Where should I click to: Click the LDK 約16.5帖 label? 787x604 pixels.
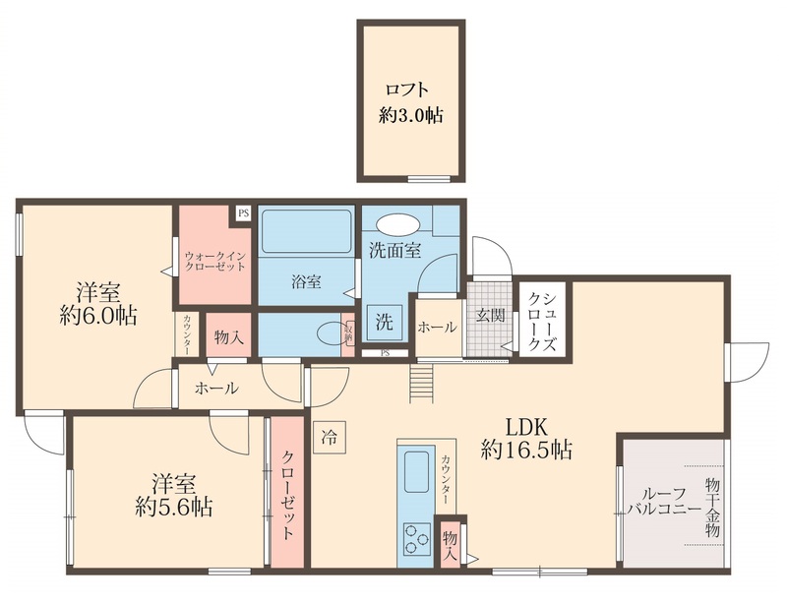pos(527,440)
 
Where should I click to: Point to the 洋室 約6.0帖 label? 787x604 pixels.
pos(98,304)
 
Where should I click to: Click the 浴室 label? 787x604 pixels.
pos(305,282)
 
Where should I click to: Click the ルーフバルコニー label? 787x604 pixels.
pos(665,502)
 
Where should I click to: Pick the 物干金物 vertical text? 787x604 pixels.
pos(712,508)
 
